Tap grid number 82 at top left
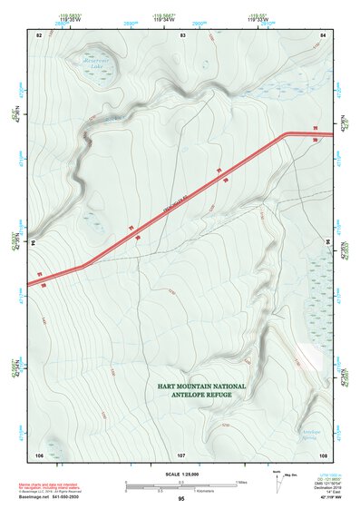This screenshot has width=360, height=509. pos(39,34)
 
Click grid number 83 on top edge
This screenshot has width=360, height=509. pos(183,34)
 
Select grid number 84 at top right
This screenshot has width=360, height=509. pos(323,34)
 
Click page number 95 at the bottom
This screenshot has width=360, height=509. pos(181,499)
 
